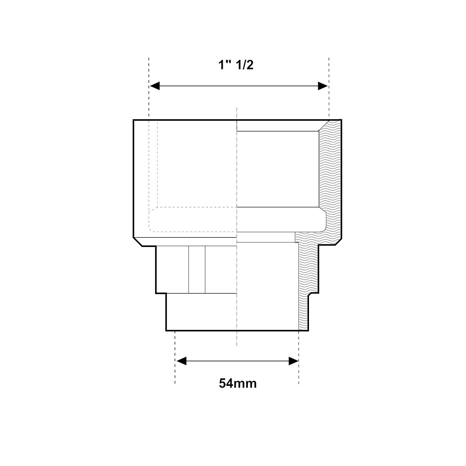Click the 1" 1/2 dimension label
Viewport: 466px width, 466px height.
[236, 65]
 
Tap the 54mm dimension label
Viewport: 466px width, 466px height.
[238, 384]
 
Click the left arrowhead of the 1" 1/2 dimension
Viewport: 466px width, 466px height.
[155, 86]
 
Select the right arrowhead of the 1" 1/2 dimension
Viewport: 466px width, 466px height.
[323, 86]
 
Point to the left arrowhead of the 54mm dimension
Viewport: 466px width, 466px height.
[181, 362]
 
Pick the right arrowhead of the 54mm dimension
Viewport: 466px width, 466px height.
[294, 362]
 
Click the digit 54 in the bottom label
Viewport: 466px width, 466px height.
[226, 384]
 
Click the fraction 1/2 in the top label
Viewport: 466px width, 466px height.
[244, 65]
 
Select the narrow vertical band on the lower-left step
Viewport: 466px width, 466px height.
[197, 269]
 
